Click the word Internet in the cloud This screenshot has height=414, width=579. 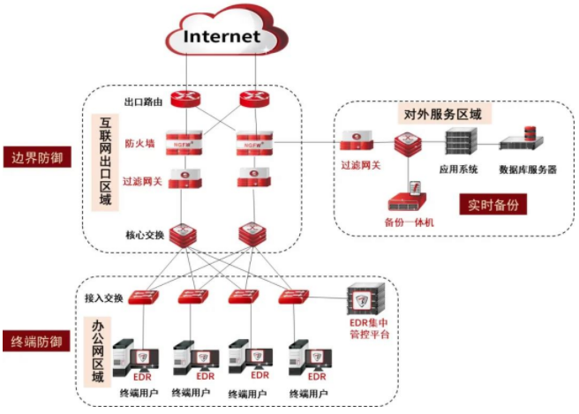tap(222, 36)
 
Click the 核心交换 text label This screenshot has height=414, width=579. tap(143, 236)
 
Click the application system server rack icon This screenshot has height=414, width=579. tap(461, 140)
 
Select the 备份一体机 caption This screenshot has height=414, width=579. tap(409, 221)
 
